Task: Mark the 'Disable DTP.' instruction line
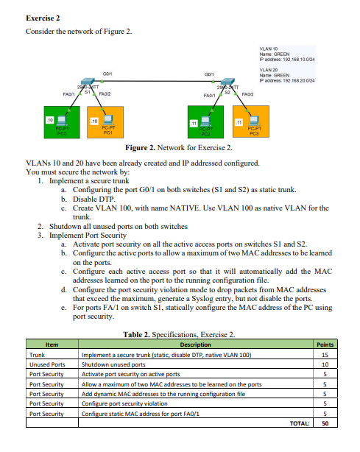click(x=93, y=199)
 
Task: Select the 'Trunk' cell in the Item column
click(x=37, y=354)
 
